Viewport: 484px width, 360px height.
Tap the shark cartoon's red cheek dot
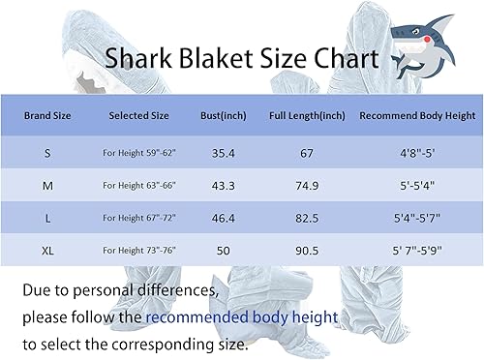(x=428, y=40)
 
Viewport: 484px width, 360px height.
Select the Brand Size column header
(x=47, y=115)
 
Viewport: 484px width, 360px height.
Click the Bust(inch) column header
(x=224, y=115)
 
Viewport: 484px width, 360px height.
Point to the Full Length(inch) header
(x=307, y=115)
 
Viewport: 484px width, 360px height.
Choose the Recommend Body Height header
(x=417, y=115)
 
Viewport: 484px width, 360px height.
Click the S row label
(x=47, y=153)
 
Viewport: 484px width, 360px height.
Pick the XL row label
(x=47, y=251)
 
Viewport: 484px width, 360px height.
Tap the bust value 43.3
(x=224, y=186)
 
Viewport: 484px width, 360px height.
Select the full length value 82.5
(x=307, y=218)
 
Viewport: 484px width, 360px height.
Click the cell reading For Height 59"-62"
(x=139, y=153)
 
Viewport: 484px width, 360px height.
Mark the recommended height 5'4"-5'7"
(x=417, y=218)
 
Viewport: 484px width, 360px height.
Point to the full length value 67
(x=307, y=153)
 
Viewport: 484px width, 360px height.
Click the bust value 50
(x=224, y=251)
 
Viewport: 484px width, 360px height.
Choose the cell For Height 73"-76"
(x=139, y=250)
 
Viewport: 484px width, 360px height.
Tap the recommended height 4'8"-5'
(x=417, y=153)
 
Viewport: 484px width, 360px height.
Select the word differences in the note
(x=178, y=290)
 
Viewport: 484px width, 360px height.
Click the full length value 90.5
(x=307, y=251)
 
